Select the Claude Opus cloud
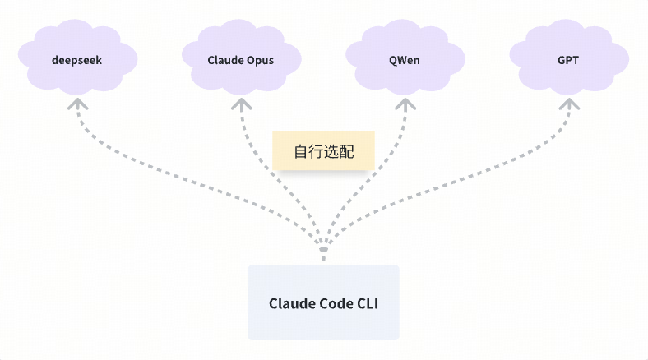click(x=240, y=60)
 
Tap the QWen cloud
click(x=405, y=60)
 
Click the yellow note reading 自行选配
click(x=323, y=151)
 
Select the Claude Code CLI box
click(x=323, y=302)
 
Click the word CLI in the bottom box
click(x=367, y=303)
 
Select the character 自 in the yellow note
click(x=301, y=152)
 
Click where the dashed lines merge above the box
click(x=323, y=247)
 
